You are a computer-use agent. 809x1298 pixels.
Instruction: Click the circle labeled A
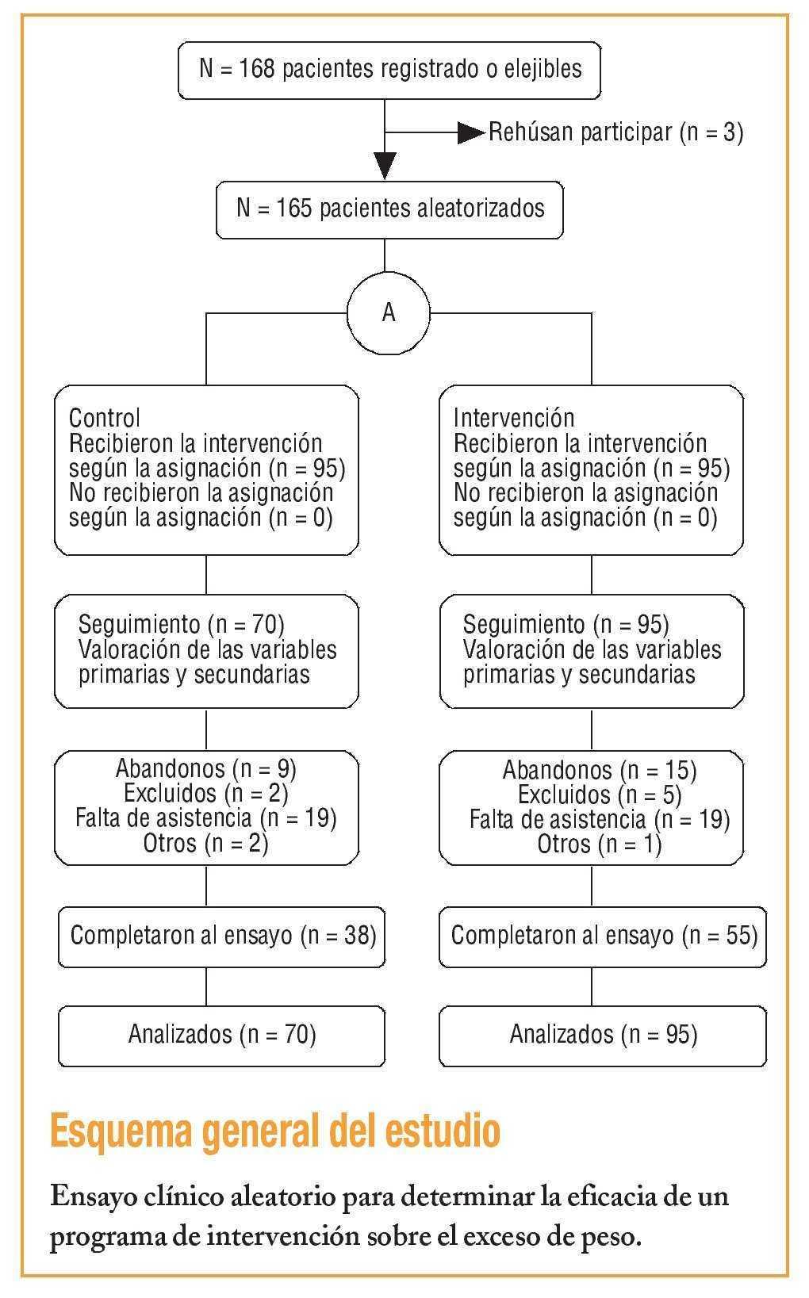tap(388, 313)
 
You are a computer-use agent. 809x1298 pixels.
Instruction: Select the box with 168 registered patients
tap(389, 70)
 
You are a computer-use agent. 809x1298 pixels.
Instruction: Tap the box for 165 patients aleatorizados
tap(389, 210)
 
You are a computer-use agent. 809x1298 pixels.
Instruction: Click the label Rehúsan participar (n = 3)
tap(615, 132)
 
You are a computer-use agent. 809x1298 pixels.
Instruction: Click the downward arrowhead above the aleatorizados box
tap(385, 166)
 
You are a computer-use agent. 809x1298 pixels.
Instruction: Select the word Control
tap(104, 418)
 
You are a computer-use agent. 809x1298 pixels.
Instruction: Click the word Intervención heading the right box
tap(514, 418)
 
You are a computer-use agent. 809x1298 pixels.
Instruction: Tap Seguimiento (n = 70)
tap(182, 625)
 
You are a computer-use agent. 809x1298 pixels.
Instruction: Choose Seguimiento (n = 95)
tap(566, 625)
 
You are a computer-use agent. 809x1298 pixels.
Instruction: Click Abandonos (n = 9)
tap(206, 768)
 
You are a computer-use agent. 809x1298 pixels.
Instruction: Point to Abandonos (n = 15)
tap(599, 770)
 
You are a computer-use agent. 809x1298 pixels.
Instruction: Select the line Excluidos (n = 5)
tap(599, 794)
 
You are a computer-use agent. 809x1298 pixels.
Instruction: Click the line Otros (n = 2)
tap(206, 843)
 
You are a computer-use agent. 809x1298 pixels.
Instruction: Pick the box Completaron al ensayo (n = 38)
tap(222, 936)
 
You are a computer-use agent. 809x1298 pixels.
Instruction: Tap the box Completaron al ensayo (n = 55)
tap(604, 936)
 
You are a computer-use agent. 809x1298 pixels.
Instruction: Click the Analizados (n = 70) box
tap(222, 1035)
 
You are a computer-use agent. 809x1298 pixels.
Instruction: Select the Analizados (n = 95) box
tap(604, 1035)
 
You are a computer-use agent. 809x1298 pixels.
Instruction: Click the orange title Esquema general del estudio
tap(274, 1131)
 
